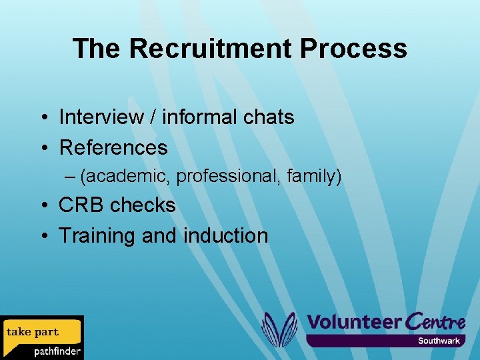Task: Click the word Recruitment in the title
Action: click(x=210, y=49)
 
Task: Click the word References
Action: click(x=113, y=147)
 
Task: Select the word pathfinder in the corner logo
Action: click(x=57, y=351)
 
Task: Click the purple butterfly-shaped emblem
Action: click(x=279, y=329)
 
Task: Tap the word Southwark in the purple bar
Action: click(x=439, y=341)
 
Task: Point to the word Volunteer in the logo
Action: click(x=353, y=322)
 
